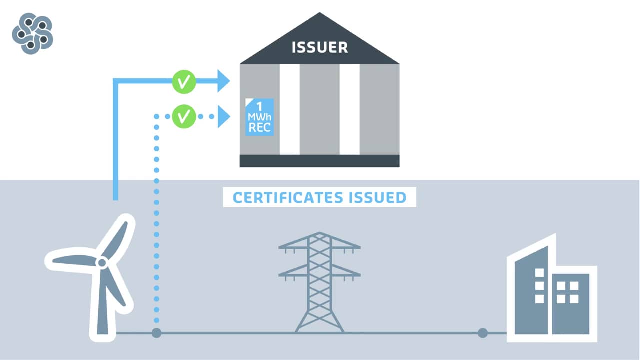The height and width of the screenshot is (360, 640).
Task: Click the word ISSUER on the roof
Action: click(320, 47)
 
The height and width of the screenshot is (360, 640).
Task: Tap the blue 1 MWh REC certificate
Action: click(260, 117)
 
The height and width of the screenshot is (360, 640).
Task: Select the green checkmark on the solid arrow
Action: click(183, 81)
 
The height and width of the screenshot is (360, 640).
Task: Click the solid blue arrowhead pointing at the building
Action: click(223, 81)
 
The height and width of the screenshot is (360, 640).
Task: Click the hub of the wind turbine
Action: click(101, 262)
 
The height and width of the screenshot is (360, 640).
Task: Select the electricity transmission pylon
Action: click(319, 282)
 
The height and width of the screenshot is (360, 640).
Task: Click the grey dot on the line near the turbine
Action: click(156, 332)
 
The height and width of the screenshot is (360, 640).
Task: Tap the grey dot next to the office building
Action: click(482, 332)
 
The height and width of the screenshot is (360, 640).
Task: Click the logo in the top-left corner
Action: click(32, 34)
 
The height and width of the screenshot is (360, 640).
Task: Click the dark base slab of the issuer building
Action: click(319, 161)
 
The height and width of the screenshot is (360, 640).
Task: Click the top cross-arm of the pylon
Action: click(319, 246)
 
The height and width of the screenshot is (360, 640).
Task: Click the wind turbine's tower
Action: click(102, 310)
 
